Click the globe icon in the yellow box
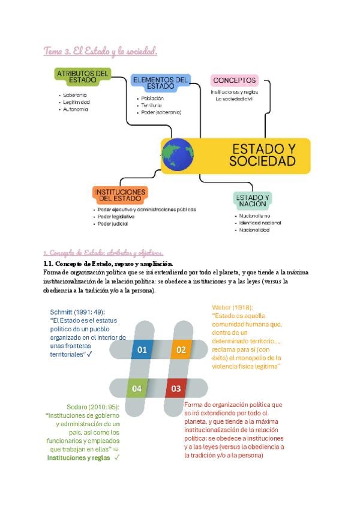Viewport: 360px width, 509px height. (178, 155)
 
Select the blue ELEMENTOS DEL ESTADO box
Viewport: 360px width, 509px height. (161, 83)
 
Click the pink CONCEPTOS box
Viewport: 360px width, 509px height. (235, 80)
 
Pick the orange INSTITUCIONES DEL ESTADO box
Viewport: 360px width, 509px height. (119, 194)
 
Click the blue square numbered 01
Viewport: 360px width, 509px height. (142, 349)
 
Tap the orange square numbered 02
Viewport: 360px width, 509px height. (181, 349)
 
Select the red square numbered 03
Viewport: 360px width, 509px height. (176, 388)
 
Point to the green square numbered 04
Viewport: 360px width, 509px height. (137, 388)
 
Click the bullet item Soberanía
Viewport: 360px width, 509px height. (75, 95)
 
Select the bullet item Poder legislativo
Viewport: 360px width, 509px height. (116, 217)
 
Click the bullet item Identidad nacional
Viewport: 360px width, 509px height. (260, 223)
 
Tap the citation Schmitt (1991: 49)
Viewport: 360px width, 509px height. (77, 312)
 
